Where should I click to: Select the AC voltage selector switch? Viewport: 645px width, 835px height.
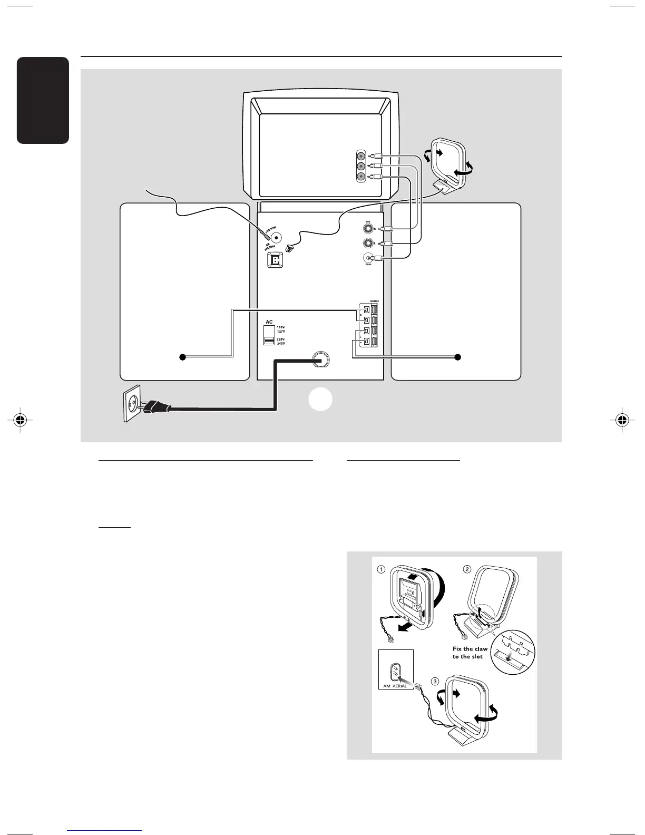[x=269, y=335]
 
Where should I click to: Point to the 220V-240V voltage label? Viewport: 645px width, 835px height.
[x=281, y=342]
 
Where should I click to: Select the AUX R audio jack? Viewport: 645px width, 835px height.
[x=368, y=229]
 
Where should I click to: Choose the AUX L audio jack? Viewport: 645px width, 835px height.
[x=368, y=244]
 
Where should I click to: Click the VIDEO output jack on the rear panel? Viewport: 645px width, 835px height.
[x=368, y=258]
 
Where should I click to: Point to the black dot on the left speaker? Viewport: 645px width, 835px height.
[x=182, y=357]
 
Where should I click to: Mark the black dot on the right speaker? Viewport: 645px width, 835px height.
[x=457, y=357]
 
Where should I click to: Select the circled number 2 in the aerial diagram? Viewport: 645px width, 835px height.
[x=467, y=569]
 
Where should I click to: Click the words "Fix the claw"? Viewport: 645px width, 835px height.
[x=470, y=649]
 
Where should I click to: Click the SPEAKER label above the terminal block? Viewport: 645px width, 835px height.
[x=374, y=301]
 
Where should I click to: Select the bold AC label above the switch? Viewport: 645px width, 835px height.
[x=269, y=322]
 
